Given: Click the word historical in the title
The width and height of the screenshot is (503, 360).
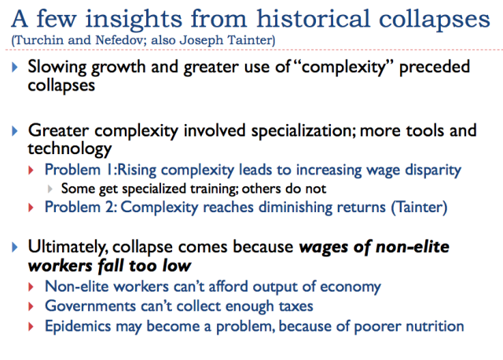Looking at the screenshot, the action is [313, 19].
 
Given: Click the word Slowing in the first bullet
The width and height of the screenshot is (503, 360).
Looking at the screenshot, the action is [57, 68].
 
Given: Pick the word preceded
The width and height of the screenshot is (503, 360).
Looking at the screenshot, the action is [435, 67].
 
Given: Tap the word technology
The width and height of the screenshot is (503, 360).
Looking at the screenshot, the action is [70, 149].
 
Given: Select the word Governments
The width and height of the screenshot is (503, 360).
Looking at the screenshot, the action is [90, 306].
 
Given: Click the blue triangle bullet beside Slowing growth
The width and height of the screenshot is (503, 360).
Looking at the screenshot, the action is [14, 68].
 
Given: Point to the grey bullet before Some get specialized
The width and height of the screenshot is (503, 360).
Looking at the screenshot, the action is [50, 189].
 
